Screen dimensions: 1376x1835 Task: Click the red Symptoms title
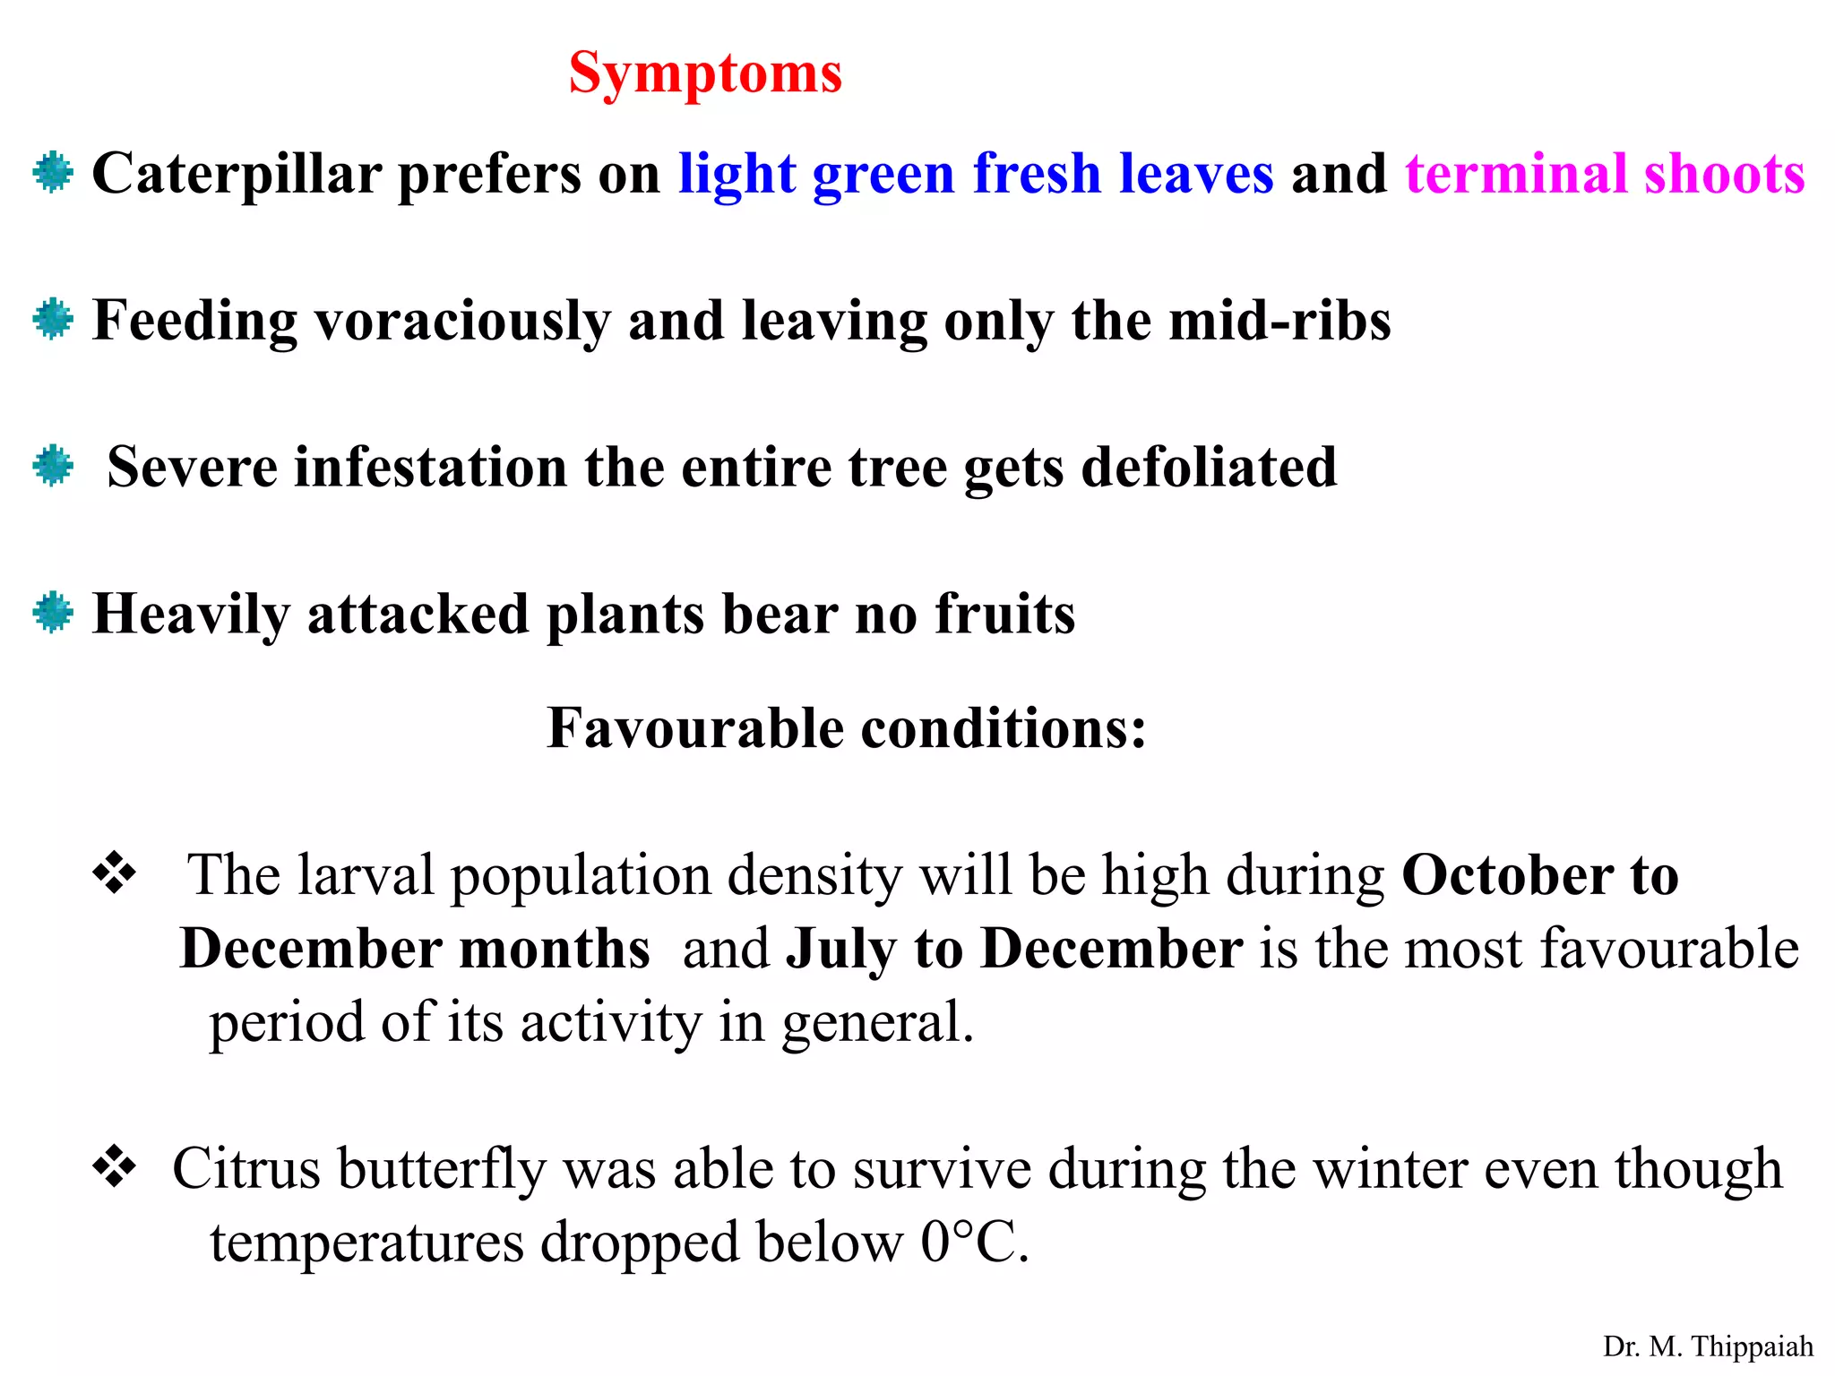tap(705, 73)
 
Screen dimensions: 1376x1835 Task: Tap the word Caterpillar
tap(237, 174)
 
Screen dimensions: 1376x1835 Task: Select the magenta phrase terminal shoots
tap(1605, 174)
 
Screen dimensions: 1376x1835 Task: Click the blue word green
tap(883, 174)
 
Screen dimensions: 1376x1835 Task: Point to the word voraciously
tap(461, 321)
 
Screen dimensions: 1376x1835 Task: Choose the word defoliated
tap(1209, 468)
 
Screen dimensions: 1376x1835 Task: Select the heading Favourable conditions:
tap(847, 727)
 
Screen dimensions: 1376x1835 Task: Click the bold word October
tap(1507, 875)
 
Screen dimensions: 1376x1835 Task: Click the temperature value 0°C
tap(973, 1243)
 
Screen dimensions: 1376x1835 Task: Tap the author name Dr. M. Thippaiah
tap(1708, 1346)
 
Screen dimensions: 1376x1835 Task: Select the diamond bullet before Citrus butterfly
tap(115, 1166)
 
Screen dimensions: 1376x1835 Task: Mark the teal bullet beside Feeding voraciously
tap(53, 319)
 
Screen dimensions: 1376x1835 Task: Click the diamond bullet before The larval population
tap(115, 873)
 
